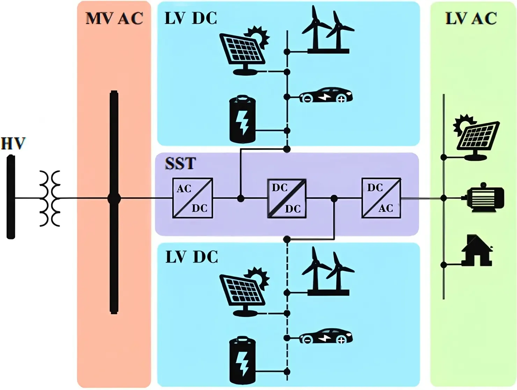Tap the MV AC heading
[x=114, y=18]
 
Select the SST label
[x=180, y=163]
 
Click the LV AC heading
[x=471, y=18]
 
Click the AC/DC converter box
[x=193, y=198]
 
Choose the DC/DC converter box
[x=287, y=198]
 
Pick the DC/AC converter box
[x=381, y=198]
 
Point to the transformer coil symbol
[x=50, y=198]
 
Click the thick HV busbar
[x=11, y=197]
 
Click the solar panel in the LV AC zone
[x=476, y=137]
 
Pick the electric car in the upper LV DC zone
[x=326, y=95]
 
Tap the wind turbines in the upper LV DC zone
[x=328, y=30]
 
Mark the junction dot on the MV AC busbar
[x=114, y=198]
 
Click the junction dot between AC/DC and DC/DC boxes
[x=240, y=198]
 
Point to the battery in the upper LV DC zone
[x=242, y=119]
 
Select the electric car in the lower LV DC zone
[x=326, y=336]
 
